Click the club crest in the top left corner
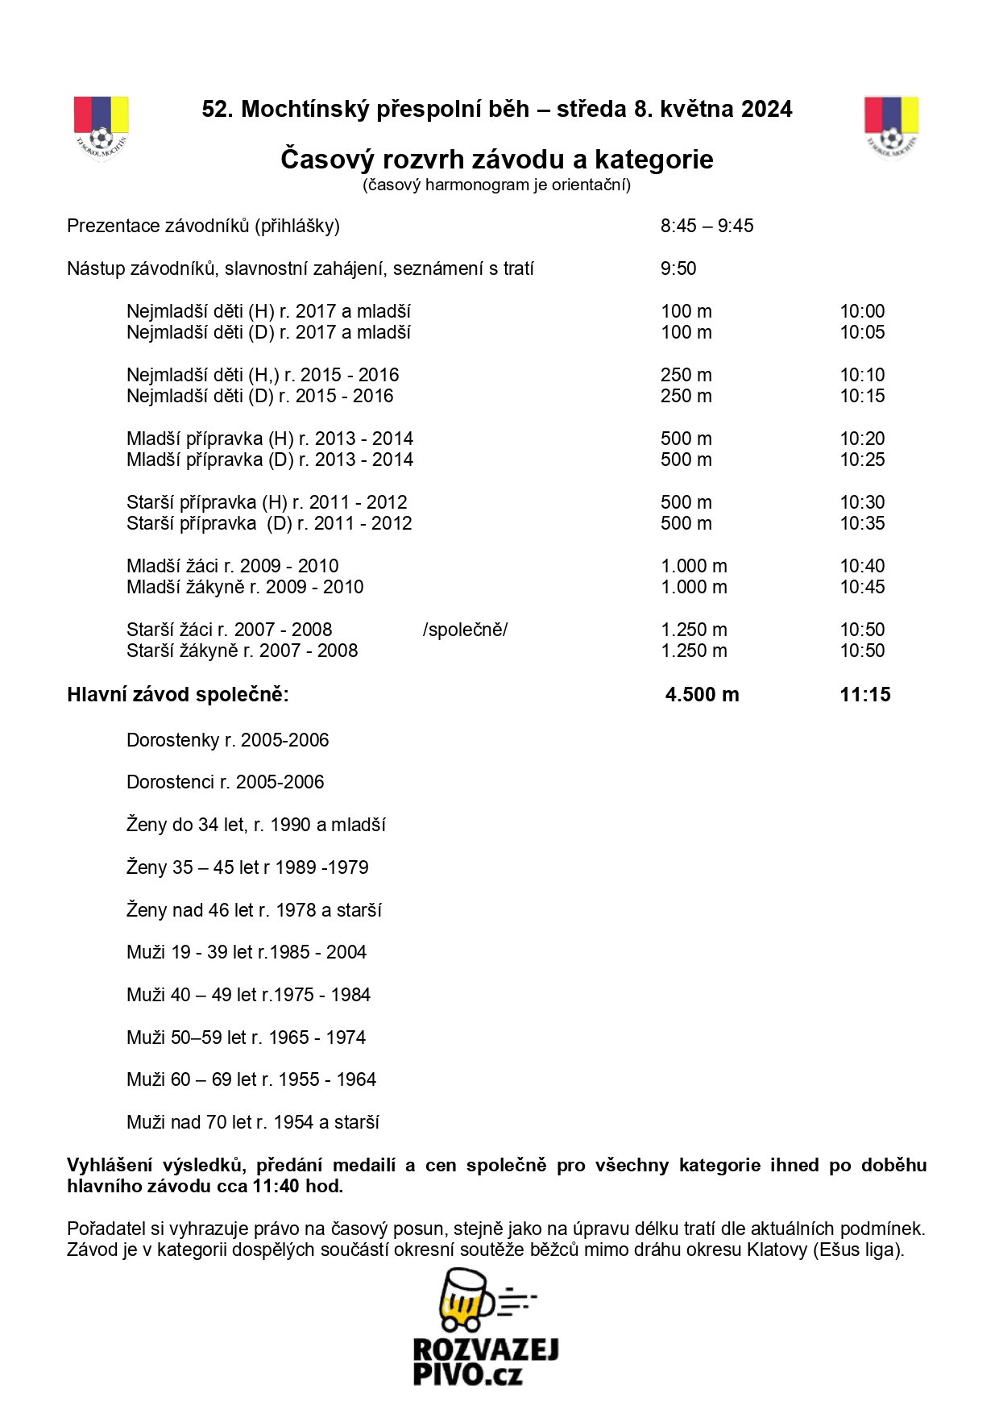tap(101, 128)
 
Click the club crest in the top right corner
tap(891, 128)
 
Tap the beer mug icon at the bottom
tap(468, 1300)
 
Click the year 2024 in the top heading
tap(767, 110)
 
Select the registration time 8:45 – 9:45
tap(707, 227)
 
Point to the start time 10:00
tap(862, 312)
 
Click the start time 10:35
tap(862, 524)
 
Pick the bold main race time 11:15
tap(864, 695)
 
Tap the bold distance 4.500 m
tap(702, 695)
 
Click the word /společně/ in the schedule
tap(465, 630)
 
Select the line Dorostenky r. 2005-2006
tap(227, 741)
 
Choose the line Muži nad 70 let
tap(252, 1122)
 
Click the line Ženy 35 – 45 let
tap(247, 867)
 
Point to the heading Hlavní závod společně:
tap(177, 695)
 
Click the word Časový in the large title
tap(327, 160)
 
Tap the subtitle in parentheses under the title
tap(496, 185)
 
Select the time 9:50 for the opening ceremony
tap(678, 269)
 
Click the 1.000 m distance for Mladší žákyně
tap(694, 588)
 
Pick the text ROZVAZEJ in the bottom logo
tap(486, 1350)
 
